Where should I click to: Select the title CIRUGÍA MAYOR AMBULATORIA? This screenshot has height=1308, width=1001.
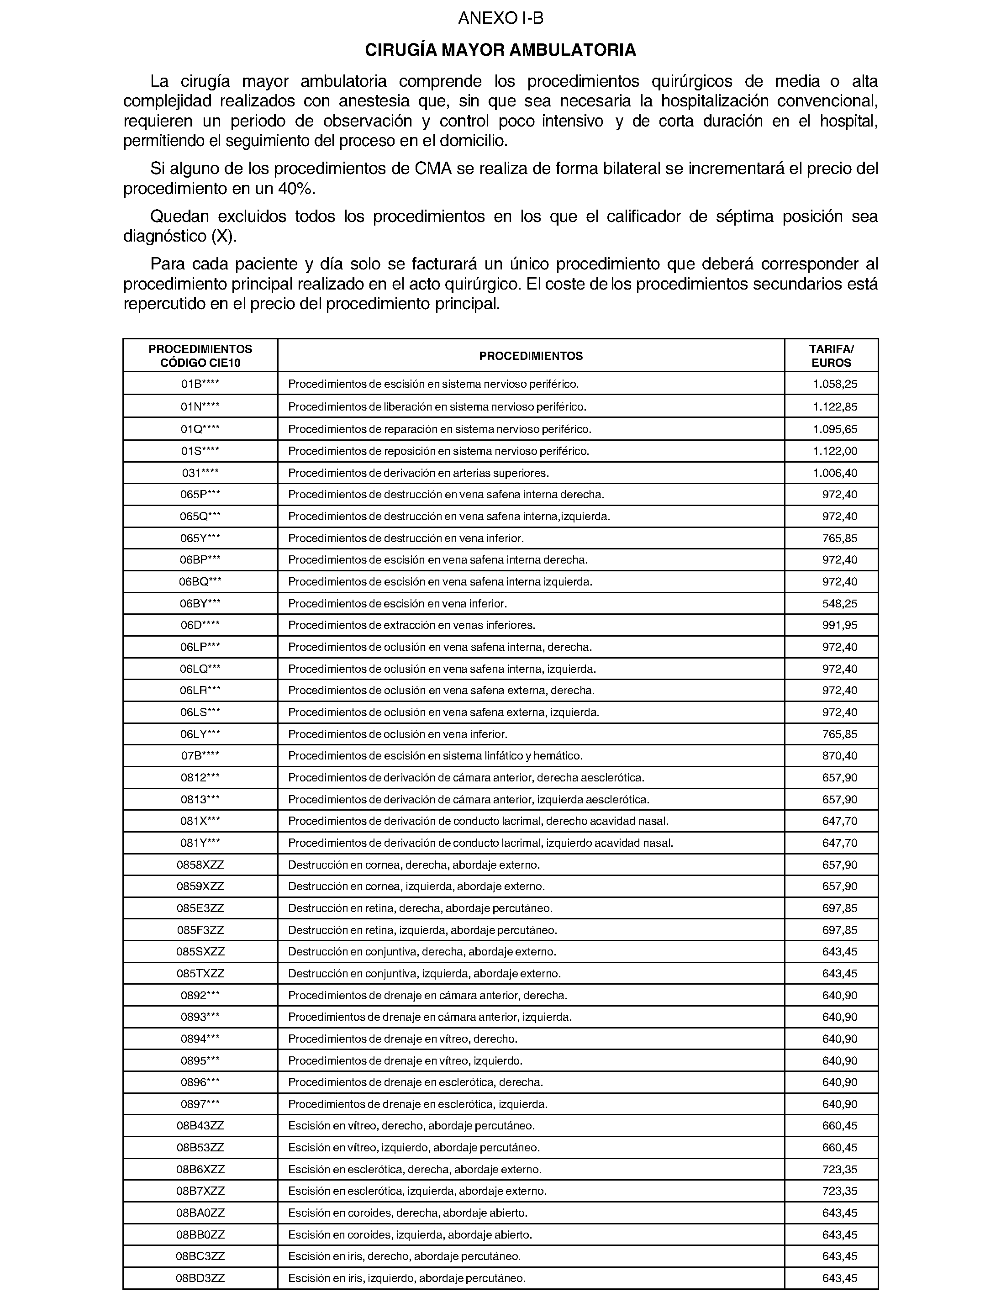click(500, 51)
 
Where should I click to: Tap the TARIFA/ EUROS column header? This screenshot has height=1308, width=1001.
click(831, 356)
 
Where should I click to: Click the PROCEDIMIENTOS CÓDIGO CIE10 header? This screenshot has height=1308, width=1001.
click(200, 356)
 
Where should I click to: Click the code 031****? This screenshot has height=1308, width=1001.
click(200, 473)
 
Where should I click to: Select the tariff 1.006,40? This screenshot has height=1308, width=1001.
click(835, 473)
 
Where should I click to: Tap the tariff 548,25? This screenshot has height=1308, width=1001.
click(839, 604)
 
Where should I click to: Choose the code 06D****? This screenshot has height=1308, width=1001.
click(200, 625)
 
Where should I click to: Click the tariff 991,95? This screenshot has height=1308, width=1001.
click(839, 625)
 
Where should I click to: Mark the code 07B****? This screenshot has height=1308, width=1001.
click(200, 755)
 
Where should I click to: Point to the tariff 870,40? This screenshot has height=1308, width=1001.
click(839, 755)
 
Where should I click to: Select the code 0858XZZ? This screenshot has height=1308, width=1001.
click(200, 865)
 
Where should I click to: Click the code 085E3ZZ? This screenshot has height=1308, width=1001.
click(200, 908)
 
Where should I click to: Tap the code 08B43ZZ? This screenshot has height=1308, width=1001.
click(200, 1126)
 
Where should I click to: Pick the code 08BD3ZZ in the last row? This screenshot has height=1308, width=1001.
click(200, 1278)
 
